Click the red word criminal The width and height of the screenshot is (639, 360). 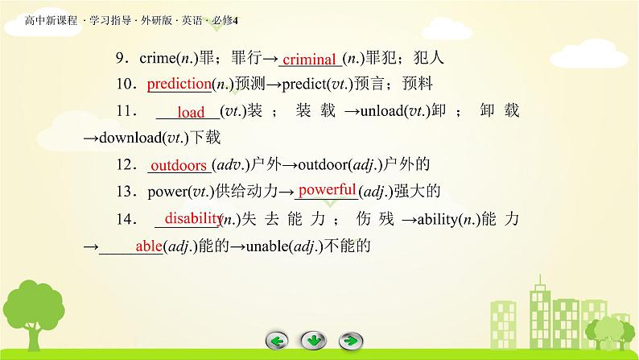click(x=309, y=60)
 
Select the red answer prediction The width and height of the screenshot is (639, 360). click(x=179, y=84)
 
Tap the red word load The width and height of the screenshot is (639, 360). click(x=191, y=112)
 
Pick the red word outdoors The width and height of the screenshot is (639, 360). click(x=179, y=166)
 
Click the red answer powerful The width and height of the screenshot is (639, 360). click(x=328, y=190)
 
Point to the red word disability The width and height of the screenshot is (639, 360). click(x=193, y=218)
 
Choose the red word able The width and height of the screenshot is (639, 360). click(x=149, y=246)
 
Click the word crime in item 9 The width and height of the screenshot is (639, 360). click(x=158, y=58)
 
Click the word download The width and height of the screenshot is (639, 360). click(x=130, y=138)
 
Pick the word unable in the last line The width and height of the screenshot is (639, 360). click(x=266, y=246)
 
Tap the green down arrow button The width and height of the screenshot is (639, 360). click(x=313, y=341)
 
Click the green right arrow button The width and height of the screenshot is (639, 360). click(x=350, y=341)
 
